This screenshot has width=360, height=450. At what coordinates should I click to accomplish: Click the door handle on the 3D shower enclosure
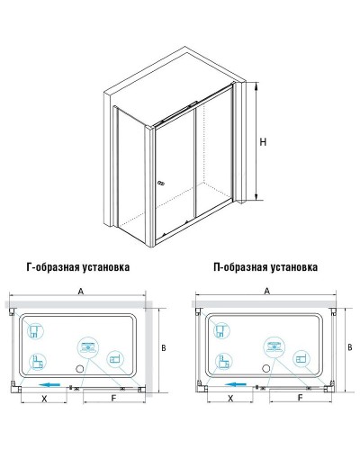tap(162, 184)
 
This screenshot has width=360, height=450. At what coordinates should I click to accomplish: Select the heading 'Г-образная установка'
tap(78, 267)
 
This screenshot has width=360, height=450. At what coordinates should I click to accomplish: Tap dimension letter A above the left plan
tap(81, 291)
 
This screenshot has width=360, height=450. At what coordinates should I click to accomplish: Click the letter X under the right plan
tap(229, 397)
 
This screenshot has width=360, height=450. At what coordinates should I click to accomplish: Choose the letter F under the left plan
tap(112, 397)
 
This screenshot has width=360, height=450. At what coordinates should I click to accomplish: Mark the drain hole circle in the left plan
tap(78, 369)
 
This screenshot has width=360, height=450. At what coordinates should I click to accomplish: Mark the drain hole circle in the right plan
tap(267, 369)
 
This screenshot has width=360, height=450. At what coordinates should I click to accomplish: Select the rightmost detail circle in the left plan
tap(115, 357)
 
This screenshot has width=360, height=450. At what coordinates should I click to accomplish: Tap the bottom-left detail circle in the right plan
tap(221, 363)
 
